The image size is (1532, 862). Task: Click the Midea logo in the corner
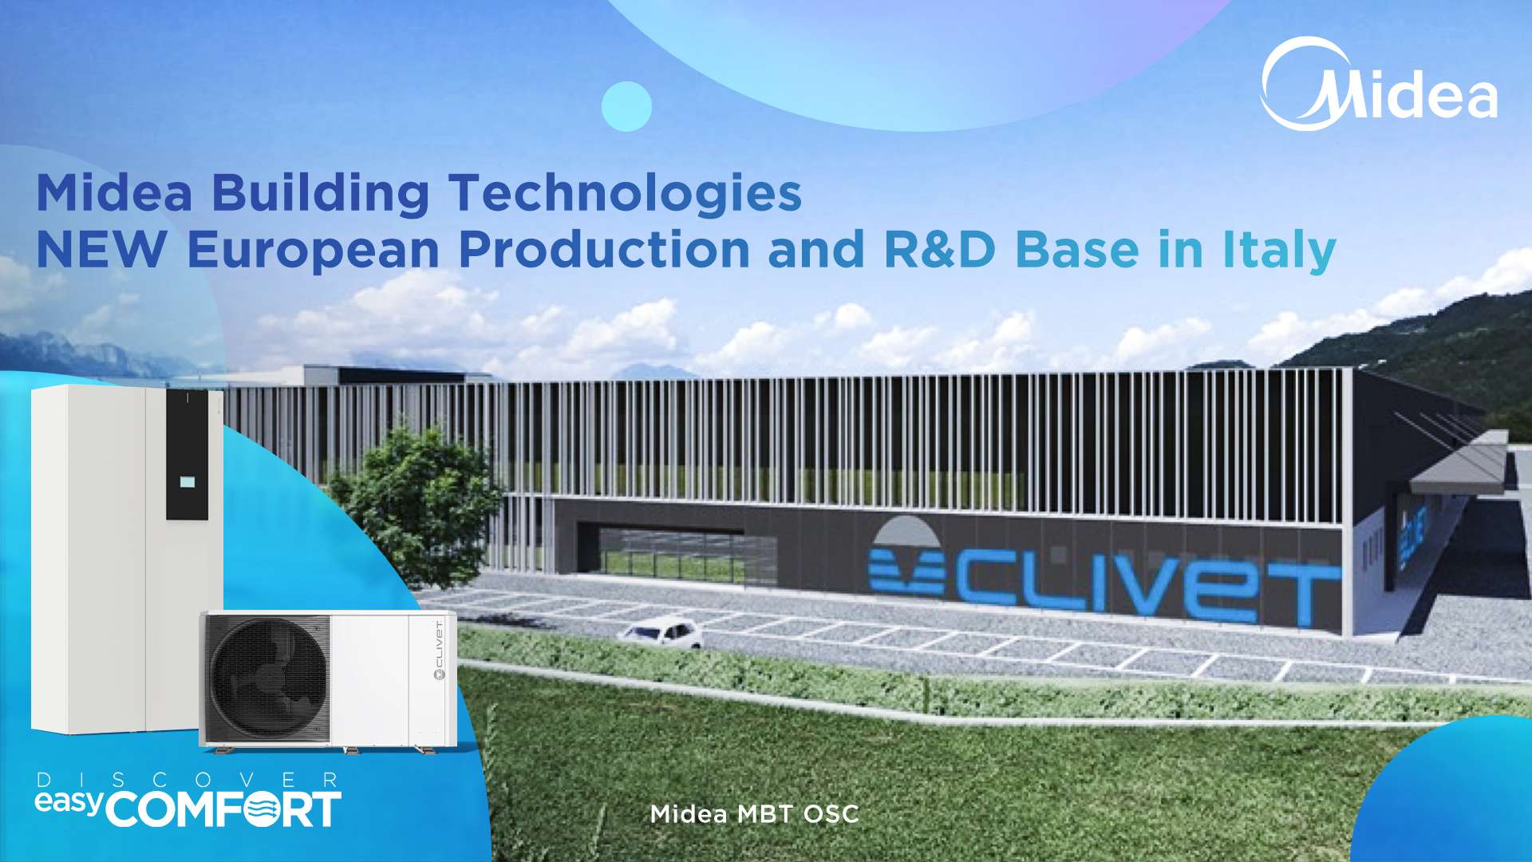pos(1379,85)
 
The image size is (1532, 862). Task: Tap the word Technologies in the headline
pos(625,194)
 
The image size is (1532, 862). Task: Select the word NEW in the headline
pos(101,249)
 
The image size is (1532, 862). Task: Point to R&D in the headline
pos(939,249)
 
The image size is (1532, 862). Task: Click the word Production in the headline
pos(604,249)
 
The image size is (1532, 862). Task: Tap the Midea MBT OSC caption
pos(754,814)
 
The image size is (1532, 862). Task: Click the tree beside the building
pos(415,503)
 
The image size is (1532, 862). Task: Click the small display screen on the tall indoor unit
pos(188,481)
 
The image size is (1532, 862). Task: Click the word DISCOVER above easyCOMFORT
pos(188,780)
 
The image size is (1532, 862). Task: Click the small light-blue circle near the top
pos(626,106)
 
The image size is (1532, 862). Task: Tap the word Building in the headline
pos(321,194)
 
